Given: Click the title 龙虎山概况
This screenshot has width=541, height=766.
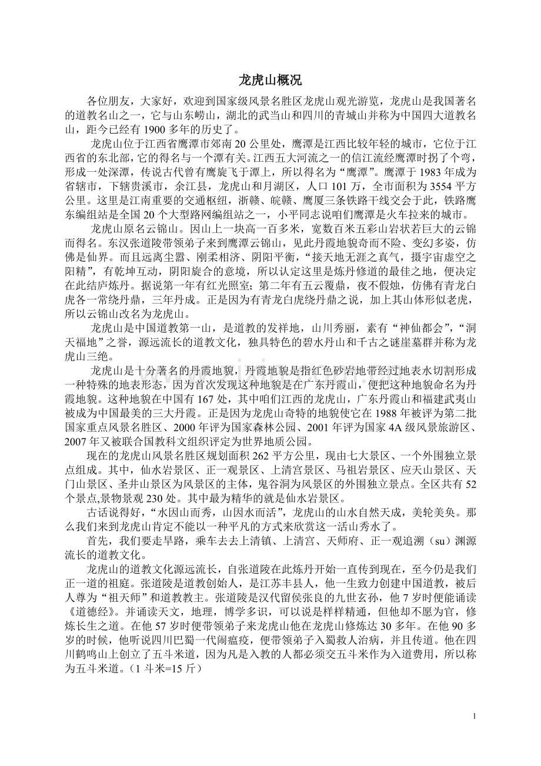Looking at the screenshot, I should click(x=270, y=80).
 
